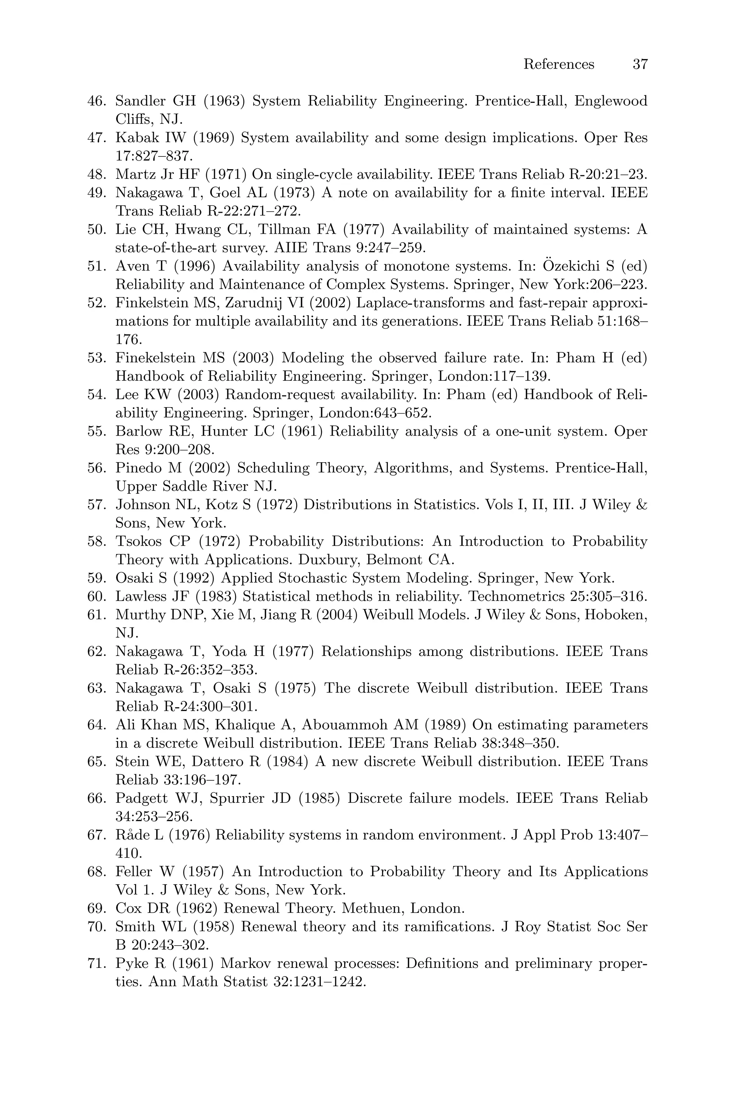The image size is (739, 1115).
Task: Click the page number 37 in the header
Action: (x=640, y=64)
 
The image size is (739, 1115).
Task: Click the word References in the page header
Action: (x=559, y=64)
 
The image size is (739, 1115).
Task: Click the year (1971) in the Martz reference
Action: (x=225, y=175)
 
